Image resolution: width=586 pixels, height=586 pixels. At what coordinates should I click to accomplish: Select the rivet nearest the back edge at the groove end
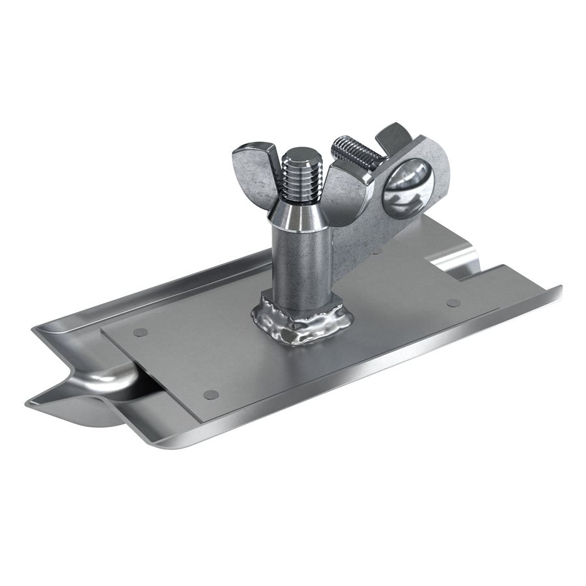139,332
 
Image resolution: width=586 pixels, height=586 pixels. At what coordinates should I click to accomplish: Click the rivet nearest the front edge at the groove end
210,395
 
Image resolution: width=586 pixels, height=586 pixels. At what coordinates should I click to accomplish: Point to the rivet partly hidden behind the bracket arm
376,251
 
